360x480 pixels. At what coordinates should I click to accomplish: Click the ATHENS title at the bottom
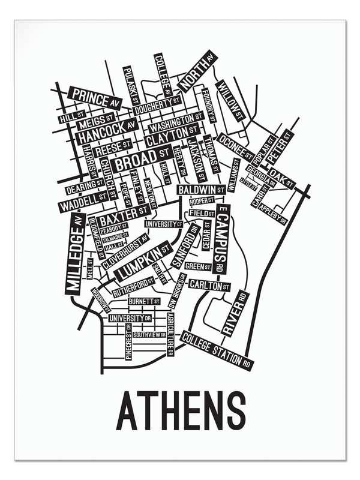[x=181, y=410]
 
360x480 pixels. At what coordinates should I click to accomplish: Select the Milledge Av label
[x=74, y=255]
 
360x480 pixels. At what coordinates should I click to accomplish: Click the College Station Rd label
[x=217, y=350]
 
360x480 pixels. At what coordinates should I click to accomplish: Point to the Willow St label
[x=231, y=100]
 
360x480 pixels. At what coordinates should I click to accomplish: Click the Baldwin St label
[x=201, y=190]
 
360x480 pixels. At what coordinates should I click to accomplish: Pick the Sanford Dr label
[x=185, y=242]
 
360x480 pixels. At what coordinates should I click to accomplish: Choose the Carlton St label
[x=209, y=286]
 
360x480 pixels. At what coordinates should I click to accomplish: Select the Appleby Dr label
[x=274, y=213]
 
